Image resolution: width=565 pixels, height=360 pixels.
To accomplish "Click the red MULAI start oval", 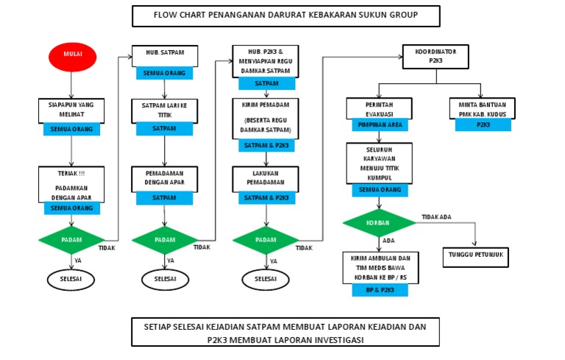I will [72, 57].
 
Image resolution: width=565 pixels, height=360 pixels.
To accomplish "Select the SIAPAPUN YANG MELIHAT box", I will [71, 109].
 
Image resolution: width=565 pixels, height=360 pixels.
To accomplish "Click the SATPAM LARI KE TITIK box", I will [163, 110].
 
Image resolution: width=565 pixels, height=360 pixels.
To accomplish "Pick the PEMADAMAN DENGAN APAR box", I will [163, 178].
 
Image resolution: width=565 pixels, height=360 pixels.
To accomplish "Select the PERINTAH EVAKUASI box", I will [378, 109].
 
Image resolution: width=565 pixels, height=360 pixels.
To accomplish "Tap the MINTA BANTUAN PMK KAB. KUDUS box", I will [483, 109].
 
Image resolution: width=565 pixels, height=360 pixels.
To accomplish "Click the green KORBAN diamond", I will [379, 222].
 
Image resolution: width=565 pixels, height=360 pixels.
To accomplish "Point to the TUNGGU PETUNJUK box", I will [475, 257].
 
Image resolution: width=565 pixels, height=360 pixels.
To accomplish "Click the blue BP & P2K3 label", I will [379, 290].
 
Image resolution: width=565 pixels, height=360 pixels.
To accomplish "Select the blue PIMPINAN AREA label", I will [378, 125].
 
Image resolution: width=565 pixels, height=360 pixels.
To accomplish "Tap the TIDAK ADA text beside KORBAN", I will [436, 216].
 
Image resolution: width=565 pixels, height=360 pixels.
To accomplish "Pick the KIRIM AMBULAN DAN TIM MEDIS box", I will [379, 267].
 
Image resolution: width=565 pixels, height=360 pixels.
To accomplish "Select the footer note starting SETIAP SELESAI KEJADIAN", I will [285, 331].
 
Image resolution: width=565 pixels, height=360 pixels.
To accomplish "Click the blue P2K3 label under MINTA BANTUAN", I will [483, 125].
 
